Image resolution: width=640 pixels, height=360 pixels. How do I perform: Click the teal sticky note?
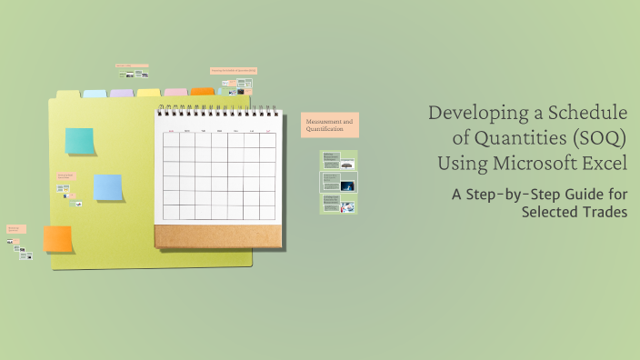[x=79, y=141]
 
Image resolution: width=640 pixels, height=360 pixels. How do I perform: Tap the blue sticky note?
[x=108, y=187]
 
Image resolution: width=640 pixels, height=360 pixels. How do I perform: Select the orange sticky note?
[x=57, y=238]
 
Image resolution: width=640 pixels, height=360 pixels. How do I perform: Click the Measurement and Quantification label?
[x=330, y=125]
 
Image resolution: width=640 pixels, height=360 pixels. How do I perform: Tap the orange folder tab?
[x=202, y=92]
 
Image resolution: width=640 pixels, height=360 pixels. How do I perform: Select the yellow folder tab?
[x=148, y=93]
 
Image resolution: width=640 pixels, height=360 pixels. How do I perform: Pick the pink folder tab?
[x=175, y=92]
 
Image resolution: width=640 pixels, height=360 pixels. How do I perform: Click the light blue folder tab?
[x=95, y=94]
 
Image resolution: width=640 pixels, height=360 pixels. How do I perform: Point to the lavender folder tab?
[x=121, y=93]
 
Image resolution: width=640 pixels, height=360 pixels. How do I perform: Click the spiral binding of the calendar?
[x=216, y=110]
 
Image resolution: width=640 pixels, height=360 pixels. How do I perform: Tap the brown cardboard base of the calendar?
[x=216, y=235]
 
